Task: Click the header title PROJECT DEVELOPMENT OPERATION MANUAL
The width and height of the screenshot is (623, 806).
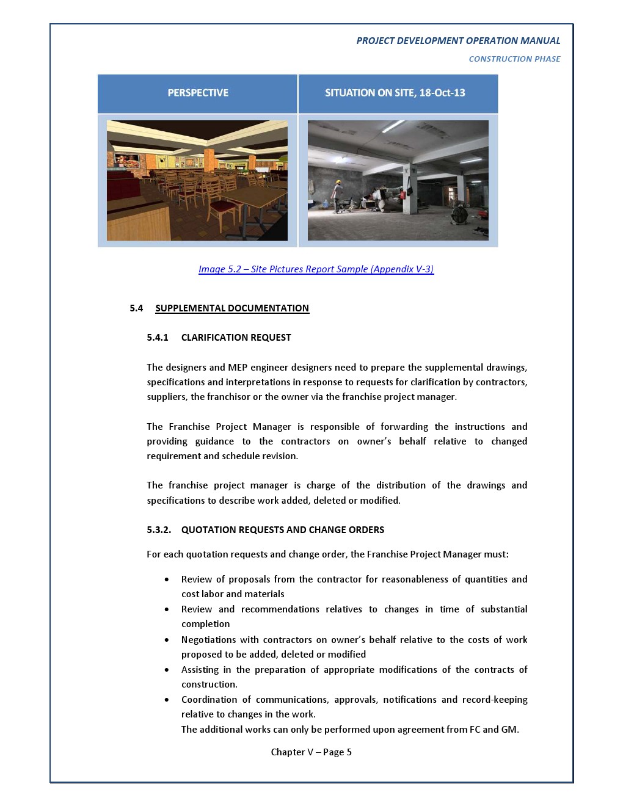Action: [x=458, y=41]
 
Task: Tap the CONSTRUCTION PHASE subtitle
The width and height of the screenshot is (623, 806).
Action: [x=514, y=59]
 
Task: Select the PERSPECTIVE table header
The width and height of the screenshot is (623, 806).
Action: [x=198, y=93]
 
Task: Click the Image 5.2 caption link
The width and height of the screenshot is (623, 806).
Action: [x=316, y=269]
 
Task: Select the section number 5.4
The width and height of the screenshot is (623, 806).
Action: [x=136, y=308]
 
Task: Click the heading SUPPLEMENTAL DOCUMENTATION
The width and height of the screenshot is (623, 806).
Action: [x=232, y=308]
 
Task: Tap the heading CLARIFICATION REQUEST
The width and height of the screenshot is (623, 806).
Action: [x=236, y=338]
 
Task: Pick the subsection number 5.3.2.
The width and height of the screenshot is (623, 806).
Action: [x=159, y=530]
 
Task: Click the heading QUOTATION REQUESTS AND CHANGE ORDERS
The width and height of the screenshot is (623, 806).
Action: [x=283, y=530]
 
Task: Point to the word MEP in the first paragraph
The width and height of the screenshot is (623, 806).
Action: [x=238, y=368]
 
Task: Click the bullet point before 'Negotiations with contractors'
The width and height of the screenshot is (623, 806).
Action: [x=167, y=640]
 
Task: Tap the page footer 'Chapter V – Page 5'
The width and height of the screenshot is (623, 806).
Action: [x=311, y=752]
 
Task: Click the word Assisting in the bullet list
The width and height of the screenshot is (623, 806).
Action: [x=200, y=670]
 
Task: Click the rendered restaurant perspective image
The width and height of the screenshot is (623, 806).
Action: [x=197, y=180]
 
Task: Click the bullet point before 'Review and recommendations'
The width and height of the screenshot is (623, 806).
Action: [x=167, y=609]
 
